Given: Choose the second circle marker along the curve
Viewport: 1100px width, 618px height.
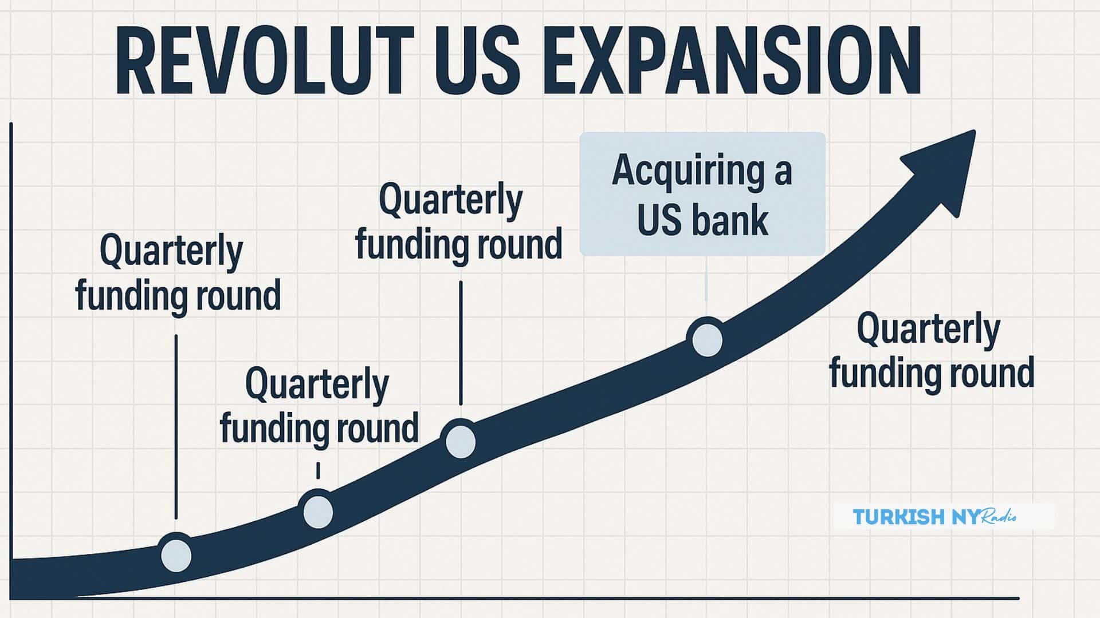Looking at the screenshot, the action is point(318,511).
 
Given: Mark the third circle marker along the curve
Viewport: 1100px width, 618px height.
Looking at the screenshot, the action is point(461,441).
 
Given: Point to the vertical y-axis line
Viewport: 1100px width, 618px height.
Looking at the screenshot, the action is point(11,360).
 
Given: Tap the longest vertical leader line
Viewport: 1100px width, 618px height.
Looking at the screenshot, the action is point(176,427).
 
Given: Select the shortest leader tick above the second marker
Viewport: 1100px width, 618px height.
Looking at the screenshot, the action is point(318,470).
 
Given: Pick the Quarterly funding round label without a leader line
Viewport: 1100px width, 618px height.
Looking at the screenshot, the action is point(931,351).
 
